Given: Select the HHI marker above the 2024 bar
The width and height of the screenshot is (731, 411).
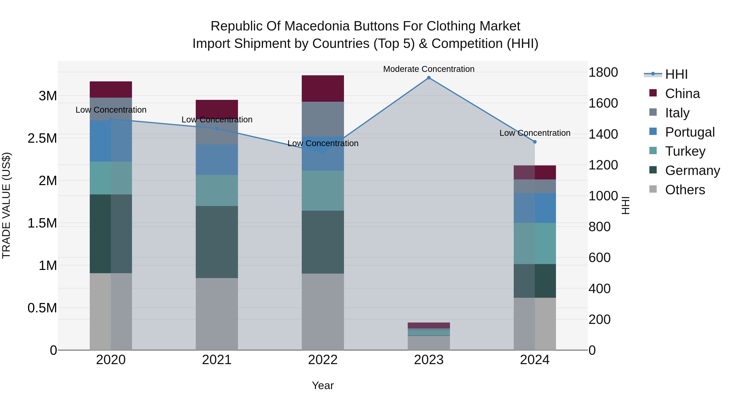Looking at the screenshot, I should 535,142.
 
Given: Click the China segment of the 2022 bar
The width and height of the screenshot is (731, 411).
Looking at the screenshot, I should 323,88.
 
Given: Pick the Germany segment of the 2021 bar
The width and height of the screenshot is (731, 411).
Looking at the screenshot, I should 217,242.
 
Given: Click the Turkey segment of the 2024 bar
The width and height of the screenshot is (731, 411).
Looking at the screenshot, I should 535,243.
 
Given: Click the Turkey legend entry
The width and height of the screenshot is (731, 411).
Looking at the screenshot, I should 685,151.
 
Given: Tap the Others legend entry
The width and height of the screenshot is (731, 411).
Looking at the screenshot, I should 685,190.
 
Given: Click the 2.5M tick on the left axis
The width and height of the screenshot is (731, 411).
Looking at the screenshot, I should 42,138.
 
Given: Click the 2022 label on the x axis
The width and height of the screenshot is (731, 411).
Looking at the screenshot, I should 323,360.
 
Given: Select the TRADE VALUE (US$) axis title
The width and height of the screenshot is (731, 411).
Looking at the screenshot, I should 6,205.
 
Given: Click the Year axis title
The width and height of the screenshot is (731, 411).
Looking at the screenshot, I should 323,385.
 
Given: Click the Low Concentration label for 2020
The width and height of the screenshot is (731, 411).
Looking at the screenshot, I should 111,110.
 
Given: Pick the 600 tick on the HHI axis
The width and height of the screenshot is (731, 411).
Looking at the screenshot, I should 599,258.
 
